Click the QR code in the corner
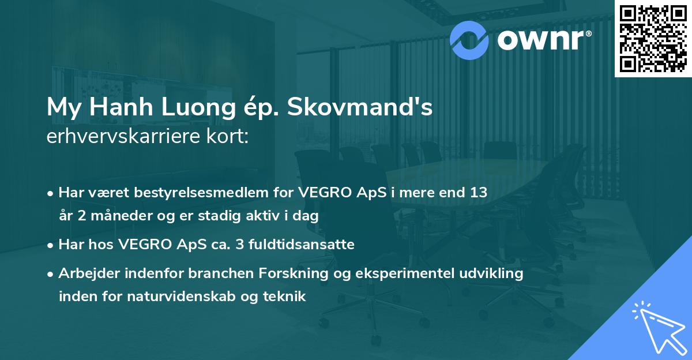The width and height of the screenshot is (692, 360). tap(653, 39)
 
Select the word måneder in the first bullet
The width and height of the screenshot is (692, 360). tap(112, 216)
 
